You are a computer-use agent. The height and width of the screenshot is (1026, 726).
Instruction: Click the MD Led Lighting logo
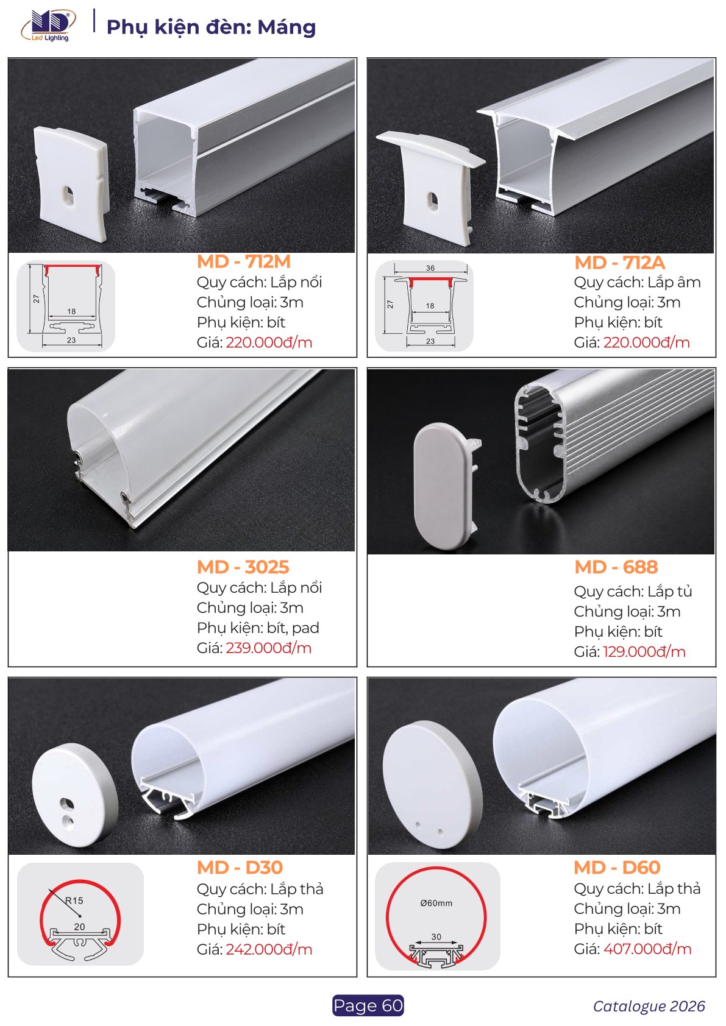[49, 26]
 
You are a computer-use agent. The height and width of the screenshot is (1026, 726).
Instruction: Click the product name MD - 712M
[244, 262]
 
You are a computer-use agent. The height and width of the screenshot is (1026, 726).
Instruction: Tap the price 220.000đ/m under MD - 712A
[646, 342]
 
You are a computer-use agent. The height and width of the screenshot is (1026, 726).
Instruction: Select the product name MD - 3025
[243, 567]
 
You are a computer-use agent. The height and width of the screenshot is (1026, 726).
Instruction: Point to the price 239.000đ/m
[269, 648]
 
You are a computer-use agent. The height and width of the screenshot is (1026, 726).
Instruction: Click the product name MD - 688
[616, 567]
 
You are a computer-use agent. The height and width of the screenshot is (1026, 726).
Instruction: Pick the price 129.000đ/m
[644, 652]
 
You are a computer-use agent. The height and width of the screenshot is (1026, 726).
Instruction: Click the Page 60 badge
[368, 1005]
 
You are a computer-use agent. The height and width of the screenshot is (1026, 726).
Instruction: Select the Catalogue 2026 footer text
[649, 1006]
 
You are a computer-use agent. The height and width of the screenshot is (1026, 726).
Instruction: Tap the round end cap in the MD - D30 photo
[75, 794]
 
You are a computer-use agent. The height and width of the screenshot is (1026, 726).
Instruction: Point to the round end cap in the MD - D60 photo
[432, 785]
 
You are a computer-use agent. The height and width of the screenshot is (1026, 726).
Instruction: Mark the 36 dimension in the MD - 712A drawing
[430, 268]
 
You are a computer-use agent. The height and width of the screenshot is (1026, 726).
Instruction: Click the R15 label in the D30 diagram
[74, 900]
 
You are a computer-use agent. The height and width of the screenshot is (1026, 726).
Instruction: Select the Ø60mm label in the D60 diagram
[436, 904]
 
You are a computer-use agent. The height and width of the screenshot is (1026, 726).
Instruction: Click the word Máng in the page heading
[286, 27]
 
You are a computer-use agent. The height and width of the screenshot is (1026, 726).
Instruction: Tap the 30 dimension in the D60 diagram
[436, 936]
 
